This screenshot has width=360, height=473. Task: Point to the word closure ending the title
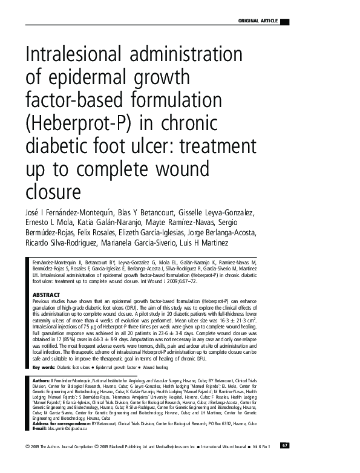click(53, 191)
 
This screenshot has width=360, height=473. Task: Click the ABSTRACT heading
click(45, 295)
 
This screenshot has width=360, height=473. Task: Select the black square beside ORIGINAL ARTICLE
click(284, 22)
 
